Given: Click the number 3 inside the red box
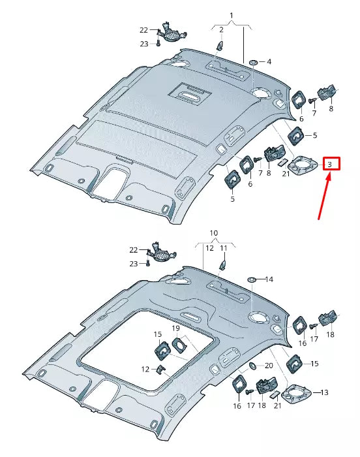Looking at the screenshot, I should tap(331, 165).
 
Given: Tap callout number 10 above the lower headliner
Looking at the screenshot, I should tap(213, 233).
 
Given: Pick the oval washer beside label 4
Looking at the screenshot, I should tap(252, 62).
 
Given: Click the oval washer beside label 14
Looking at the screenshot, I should tap(250, 279).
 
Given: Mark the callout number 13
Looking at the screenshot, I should tap(325, 392).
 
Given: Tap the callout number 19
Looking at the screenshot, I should tap(175, 327).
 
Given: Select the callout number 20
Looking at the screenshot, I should tap(269, 366).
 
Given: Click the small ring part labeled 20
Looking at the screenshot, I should tap(252, 365).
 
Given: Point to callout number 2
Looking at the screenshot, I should tap(221, 30).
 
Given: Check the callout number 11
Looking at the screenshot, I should tap(223, 249).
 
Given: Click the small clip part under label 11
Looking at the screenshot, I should tap(222, 263).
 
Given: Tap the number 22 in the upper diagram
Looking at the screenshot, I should tap(143, 29).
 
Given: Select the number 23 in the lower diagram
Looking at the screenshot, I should tap(134, 264).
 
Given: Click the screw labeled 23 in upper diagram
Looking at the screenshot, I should tap(158, 44).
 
